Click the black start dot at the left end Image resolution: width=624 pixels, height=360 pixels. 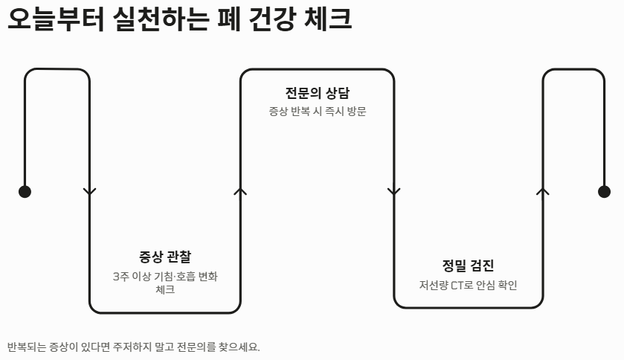click(x=25, y=192)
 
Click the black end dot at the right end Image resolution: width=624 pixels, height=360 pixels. click(x=604, y=192)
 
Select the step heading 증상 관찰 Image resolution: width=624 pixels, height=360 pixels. click(x=164, y=257)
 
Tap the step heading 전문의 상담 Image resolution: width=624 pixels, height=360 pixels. click(x=317, y=93)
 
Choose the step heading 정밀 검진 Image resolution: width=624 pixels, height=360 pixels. click(x=468, y=266)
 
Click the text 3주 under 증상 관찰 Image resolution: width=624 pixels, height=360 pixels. click(x=120, y=277)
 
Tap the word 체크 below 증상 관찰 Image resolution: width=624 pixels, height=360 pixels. click(x=165, y=289)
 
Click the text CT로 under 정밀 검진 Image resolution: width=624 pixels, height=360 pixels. click(x=463, y=285)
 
